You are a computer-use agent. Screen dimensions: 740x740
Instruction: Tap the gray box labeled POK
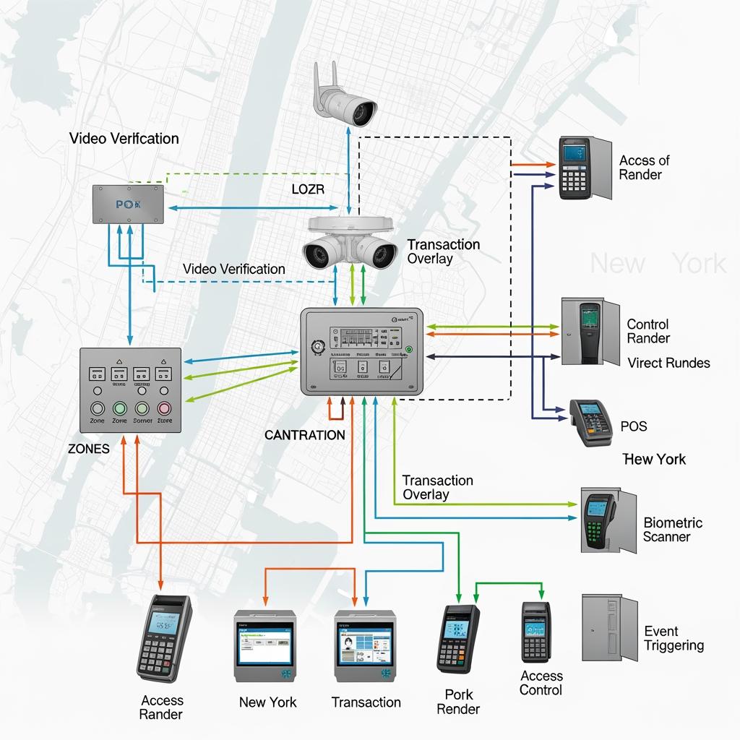coord(128,204)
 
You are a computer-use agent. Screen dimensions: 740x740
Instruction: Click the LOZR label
coord(308,189)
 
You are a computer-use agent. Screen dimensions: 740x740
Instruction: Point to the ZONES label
coord(89,449)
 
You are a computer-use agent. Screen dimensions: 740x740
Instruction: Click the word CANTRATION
coord(304,435)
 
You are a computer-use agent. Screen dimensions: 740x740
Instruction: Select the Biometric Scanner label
coord(672,530)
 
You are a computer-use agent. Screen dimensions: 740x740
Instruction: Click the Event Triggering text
coord(674,638)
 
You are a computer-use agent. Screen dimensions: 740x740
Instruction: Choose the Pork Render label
coord(458,702)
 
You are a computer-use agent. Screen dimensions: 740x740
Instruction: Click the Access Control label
coord(541,683)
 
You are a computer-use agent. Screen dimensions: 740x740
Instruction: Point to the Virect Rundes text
coord(668,363)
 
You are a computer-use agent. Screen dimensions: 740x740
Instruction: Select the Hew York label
coord(654,459)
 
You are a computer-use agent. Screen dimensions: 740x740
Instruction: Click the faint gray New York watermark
coord(658,264)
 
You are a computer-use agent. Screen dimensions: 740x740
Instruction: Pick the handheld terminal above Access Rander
coord(164,638)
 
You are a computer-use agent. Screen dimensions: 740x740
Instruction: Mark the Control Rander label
coord(647,331)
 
